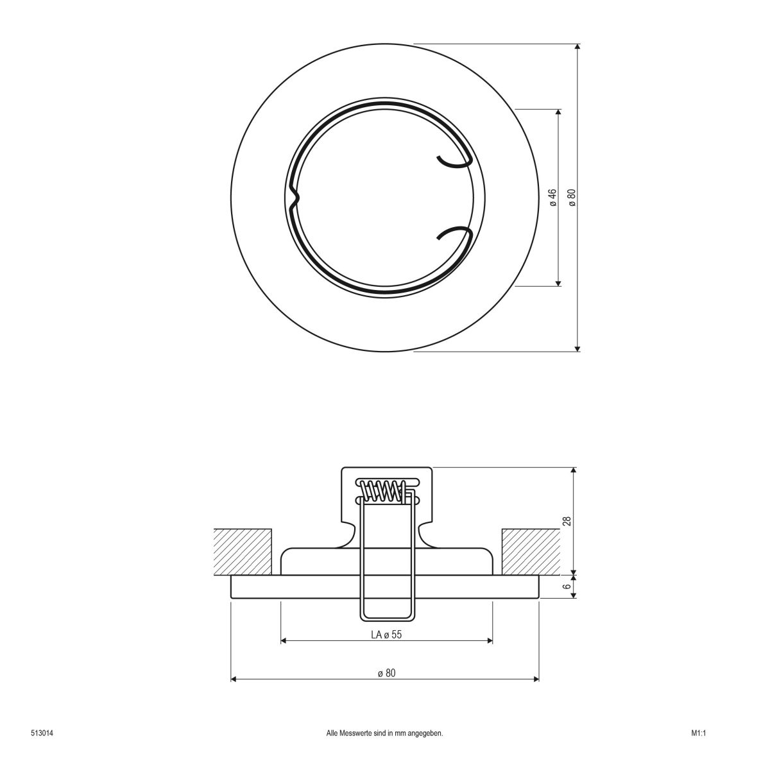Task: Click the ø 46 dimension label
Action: [x=552, y=197]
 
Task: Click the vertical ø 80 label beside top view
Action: [x=571, y=197]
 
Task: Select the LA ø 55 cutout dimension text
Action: [x=386, y=635]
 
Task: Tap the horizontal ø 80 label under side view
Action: [x=386, y=672]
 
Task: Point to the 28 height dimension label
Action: [x=567, y=520]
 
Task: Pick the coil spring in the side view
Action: [x=382, y=491]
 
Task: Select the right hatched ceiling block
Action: [x=530, y=551]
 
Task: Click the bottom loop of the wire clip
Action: [x=386, y=617]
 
